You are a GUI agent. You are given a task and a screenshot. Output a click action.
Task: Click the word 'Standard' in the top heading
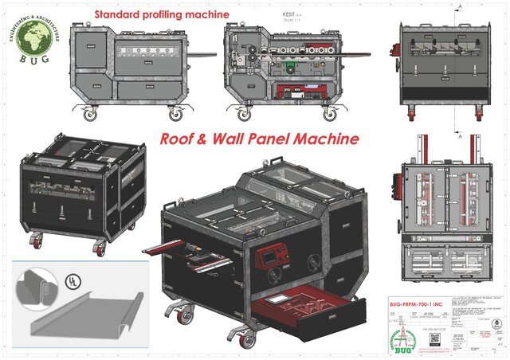pyautogui.click(x=117, y=14)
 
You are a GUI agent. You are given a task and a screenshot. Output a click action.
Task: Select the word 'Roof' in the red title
pyautogui.click(x=178, y=139)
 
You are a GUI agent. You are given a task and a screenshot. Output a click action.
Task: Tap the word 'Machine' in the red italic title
pyautogui.click(x=324, y=139)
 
